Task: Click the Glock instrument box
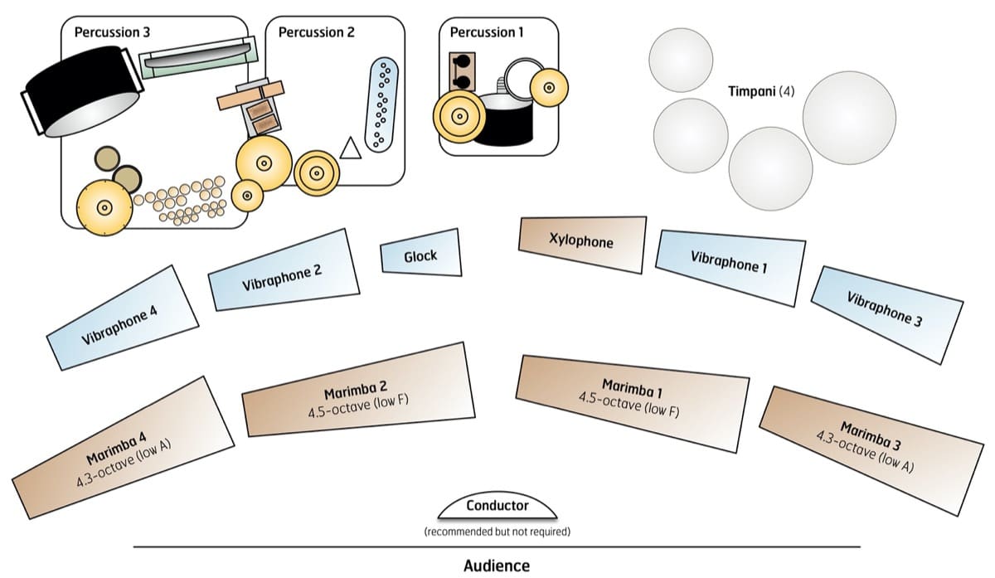421,256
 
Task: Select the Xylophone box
582,243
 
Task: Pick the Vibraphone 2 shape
284,273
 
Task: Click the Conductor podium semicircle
497,506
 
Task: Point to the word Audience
497,566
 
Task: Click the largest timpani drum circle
849,117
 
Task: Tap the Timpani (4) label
761,91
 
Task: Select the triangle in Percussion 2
351,148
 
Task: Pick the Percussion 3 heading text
113,32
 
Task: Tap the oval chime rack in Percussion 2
383,104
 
